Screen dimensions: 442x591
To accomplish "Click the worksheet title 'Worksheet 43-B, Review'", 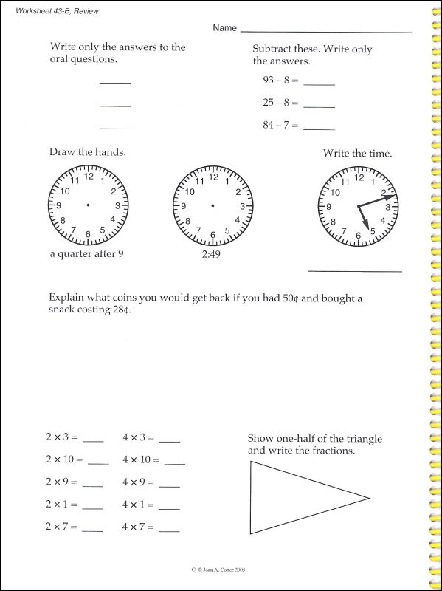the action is (x=56, y=11).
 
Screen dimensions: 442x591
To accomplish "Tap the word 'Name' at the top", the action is (x=224, y=28).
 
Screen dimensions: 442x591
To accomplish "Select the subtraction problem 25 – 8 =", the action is (x=280, y=103).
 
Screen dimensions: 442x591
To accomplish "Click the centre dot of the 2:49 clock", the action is (x=213, y=205).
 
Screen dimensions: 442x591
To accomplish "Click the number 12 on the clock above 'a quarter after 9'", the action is (x=89, y=176).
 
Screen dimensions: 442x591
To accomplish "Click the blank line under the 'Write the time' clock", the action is (x=354, y=271).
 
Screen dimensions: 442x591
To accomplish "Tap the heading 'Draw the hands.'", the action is (x=87, y=152).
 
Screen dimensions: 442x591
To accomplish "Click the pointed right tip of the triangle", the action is (x=368, y=497).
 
